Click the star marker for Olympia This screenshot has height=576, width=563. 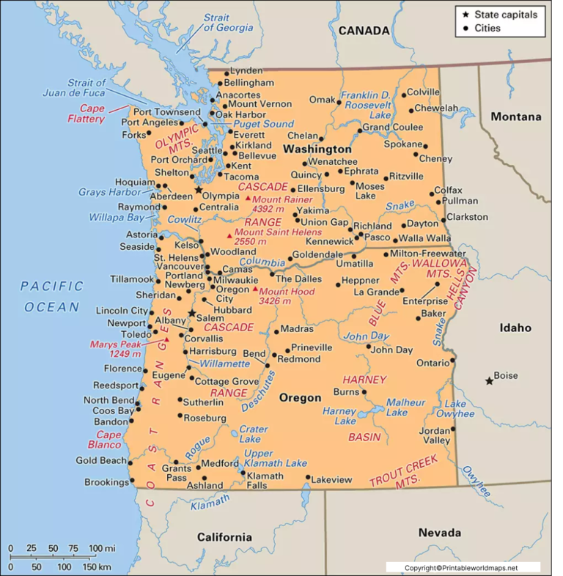coord(199,189)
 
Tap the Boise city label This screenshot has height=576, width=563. coord(506,376)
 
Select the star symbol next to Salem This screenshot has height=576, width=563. coord(191,313)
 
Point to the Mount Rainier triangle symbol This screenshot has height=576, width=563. coord(249,199)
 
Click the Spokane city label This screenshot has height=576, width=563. coord(402,144)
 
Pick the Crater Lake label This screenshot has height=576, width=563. coord(253,434)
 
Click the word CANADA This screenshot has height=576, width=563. coord(364,31)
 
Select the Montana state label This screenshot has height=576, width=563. coord(516,117)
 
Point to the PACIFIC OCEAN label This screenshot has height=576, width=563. coord(52,296)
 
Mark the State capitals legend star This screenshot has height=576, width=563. coord(466,14)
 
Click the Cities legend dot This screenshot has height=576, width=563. coord(466,29)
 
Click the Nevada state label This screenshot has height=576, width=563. coord(440,533)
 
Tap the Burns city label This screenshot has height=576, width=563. coord(346,392)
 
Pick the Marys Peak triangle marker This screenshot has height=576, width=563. coord(166,339)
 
